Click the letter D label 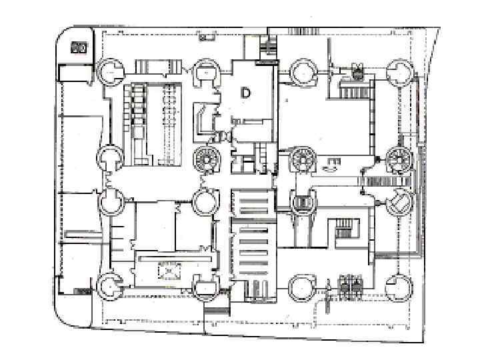click(x=245, y=93)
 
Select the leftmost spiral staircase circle click(x=205, y=159)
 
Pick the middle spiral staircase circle click(x=303, y=159)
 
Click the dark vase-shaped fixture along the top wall click(x=357, y=69)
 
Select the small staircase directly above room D click(x=266, y=47)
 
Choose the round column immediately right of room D click(x=303, y=71)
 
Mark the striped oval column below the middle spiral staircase click(x=303, y=203)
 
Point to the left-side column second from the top click(x=110, y=159)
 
